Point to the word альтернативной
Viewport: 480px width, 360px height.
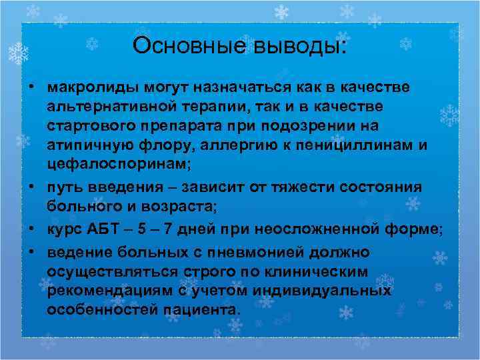(114, 107)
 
